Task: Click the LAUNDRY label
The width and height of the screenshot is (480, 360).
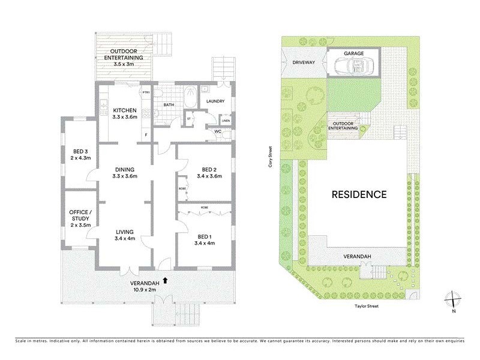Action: (215, 101)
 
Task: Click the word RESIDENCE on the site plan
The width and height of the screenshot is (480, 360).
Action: (358, 194)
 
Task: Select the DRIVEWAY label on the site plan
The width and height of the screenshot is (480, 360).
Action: (304, 62)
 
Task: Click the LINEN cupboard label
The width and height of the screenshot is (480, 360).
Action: (217, 121)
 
